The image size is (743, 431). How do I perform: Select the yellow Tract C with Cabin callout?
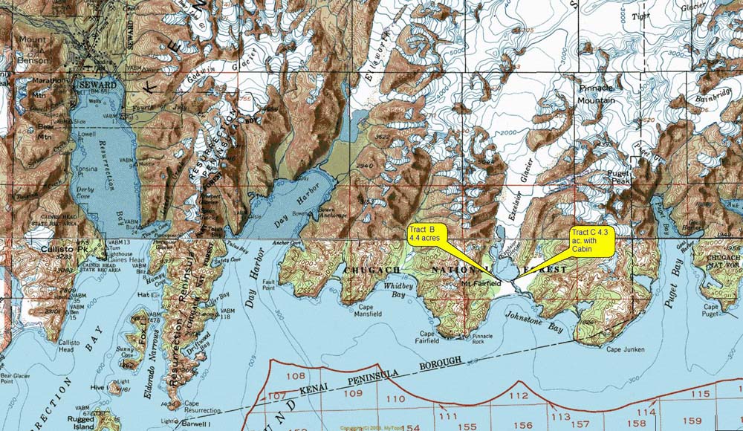[590, 242]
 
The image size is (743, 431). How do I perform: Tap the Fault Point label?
[269, 285]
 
